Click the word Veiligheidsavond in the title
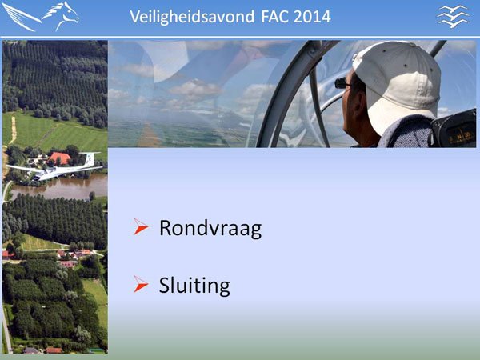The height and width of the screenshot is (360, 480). (192, 17)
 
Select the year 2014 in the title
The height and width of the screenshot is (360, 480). (312, 17)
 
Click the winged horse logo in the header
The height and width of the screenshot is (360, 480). (41, 17)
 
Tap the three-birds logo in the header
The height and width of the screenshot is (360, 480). (453, 16)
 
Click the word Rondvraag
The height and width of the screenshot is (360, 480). (210, 229)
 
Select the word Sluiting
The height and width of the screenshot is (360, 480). (194, 286)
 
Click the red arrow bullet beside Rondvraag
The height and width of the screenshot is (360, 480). (141, 226)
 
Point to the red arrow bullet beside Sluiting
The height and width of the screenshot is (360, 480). (141, 284)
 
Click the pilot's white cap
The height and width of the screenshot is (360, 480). (398, 82)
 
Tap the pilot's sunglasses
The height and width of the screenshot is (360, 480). (342, 82)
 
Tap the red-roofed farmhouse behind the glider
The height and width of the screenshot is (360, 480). (60, 158)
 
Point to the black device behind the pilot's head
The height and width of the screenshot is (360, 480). (454, 129)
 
